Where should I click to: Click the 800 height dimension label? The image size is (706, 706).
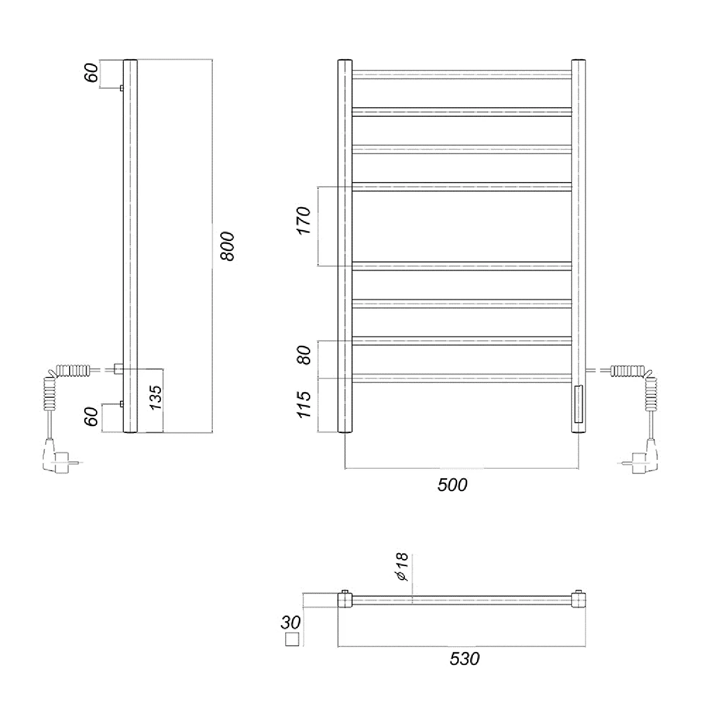pyautogui.click(x=227, y=246)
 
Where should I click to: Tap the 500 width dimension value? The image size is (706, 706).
pyautogui.click(x=452, y=485)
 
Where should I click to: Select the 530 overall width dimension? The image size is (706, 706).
pyautogui.click(x=465, y=658)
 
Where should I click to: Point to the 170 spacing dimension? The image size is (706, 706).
pyautogui.click(x=305, y=221)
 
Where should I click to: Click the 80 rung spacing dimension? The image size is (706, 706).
pyautogui.click(x=305, y=355)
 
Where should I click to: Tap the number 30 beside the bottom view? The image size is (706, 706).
pyautogui.click(x=290, y=622)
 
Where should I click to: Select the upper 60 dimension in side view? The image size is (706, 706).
pyautogui.click(x=92, y=72)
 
